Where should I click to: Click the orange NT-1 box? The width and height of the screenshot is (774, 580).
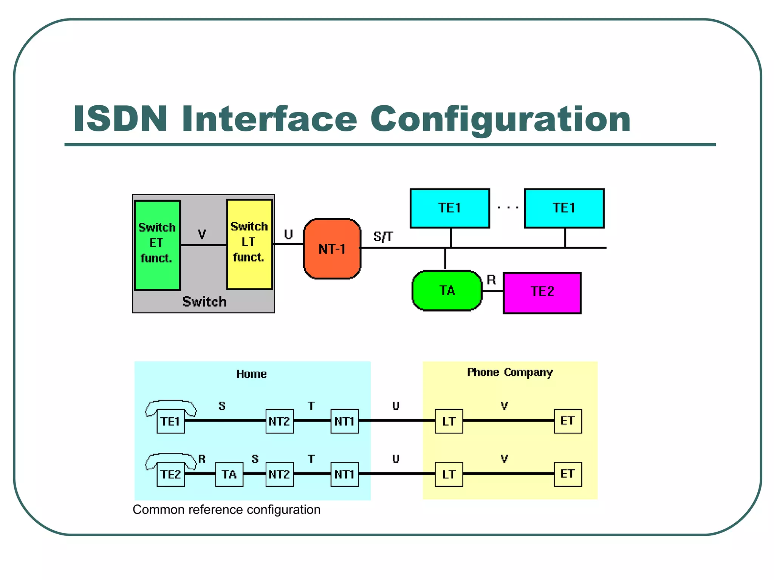click(332, 249)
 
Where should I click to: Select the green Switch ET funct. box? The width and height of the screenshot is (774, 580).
click(157, 245)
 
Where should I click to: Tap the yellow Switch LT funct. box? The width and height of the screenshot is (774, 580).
click(249, 244)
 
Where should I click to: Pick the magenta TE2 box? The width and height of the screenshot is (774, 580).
click(542, 293)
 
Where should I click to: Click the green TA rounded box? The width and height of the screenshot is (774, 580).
click(447, 290)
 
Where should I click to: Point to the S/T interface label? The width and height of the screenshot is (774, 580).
click(383, 237)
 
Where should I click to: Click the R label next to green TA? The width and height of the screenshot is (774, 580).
click(491, 280)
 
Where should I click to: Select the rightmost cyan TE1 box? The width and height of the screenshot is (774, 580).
click(564, 208)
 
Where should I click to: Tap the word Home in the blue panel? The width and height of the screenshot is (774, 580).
click(251, 374)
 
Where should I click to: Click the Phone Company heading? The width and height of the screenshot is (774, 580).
click(509, 372)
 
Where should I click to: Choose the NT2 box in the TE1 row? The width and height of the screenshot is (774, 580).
click(279, 421)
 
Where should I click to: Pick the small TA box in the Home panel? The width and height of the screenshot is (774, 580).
click(229, 474)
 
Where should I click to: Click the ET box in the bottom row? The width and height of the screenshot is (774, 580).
click(567, 474)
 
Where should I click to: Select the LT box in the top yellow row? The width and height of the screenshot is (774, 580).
click(449, 421)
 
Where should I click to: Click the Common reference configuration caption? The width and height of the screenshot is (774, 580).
click(226, 509)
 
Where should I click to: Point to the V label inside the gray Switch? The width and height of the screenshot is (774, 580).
click(202, 234)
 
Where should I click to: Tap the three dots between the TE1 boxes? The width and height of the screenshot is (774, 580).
click(508, 208)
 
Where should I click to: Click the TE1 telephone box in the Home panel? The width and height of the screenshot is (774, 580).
click(170, 421)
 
